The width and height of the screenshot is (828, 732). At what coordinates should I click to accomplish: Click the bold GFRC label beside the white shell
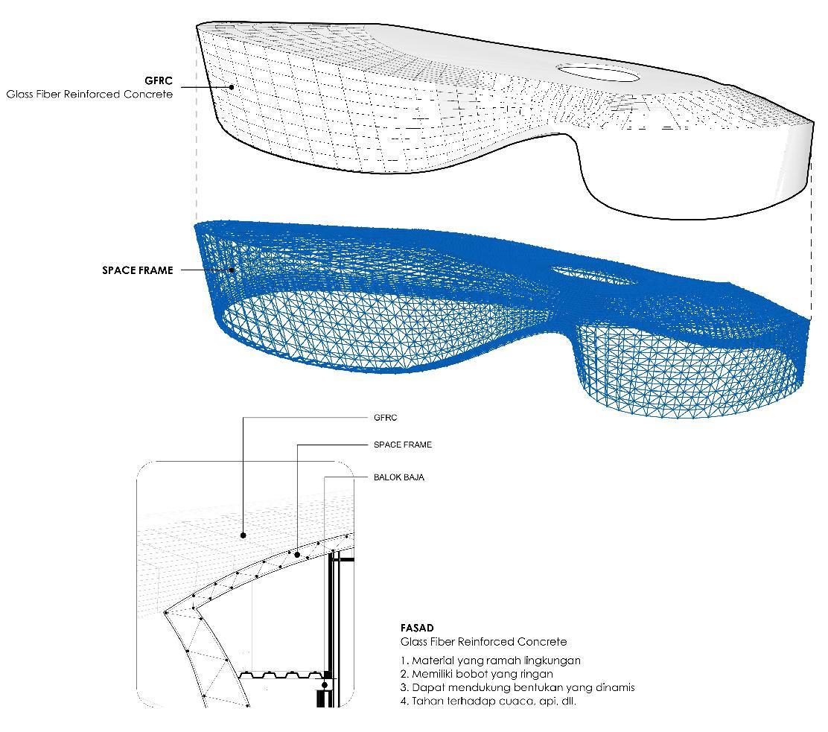coord(159,80)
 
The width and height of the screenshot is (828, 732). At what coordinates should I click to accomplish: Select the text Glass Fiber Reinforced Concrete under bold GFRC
coord(89,95)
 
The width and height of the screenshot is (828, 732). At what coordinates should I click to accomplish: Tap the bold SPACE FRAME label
coord(137,270)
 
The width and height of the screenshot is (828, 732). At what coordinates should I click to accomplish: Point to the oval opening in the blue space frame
coord(594,276)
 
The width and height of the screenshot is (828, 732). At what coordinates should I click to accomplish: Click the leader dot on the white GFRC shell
coord(232,86)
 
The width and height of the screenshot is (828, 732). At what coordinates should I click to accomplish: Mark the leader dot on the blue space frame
coord(232,270)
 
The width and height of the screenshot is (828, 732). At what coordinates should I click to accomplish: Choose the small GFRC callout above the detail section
coord(385,418)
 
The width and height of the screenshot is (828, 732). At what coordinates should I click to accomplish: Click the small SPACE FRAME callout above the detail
coord(402,445)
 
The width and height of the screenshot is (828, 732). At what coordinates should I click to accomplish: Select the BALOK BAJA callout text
coord(398,477)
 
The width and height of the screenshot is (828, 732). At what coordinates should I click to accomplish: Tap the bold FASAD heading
coord(416,628)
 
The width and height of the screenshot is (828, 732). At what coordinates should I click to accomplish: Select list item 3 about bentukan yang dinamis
coord(517,687)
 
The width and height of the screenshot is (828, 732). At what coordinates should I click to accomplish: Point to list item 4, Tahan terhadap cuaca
coord(488,701)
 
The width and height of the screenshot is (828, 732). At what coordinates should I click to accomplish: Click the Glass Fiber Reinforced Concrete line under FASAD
coord(483,642)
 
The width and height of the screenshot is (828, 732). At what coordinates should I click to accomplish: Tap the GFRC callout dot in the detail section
coord(243,535)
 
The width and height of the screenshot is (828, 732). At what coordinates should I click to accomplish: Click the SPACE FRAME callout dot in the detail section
coord(297,554)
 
